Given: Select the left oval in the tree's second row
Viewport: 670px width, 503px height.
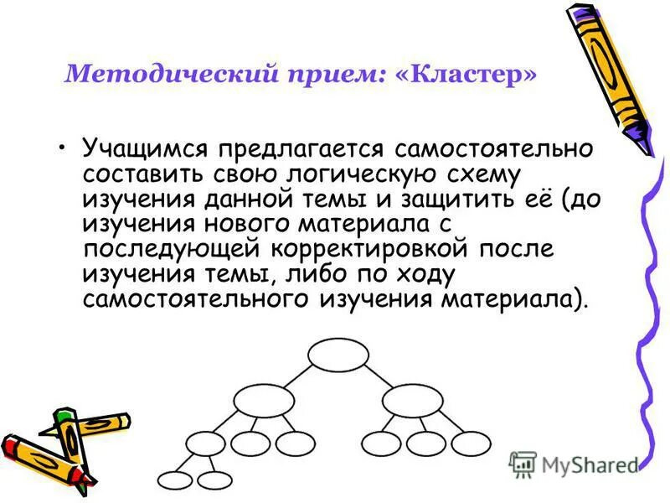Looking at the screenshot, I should click(264, 400).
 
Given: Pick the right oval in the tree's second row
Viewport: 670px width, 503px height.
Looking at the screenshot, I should click(412, 400).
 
